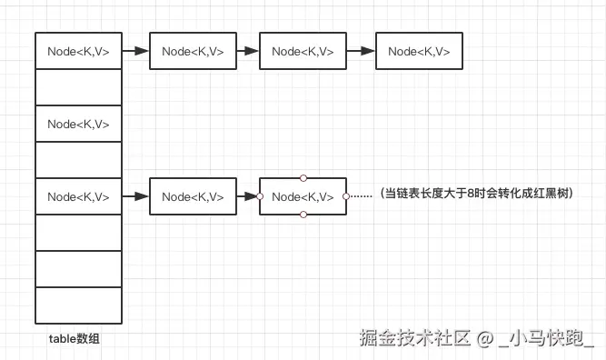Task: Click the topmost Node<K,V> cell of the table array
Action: [78, 52]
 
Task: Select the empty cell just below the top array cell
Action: [78, 88]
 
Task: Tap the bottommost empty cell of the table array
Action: [78, 305]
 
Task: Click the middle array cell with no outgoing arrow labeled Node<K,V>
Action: [78, 124]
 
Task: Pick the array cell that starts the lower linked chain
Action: [78, 196]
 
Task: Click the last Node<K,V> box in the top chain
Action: [419, 52]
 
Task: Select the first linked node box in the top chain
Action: [193, 52]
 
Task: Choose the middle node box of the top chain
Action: [303, 52]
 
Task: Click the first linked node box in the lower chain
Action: [193, 196]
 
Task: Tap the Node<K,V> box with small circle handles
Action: [303, 196]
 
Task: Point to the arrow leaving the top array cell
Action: [135, 52]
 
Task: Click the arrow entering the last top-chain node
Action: [361, 52]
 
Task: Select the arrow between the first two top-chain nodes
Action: [247, 52]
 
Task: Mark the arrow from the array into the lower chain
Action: [135, 196]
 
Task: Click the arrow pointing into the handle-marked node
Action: [247, 196]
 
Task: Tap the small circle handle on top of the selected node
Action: [303, 178]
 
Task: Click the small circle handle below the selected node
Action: [303, 215]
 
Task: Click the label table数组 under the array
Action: [75, 338]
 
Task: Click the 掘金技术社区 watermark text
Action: [415, 338]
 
